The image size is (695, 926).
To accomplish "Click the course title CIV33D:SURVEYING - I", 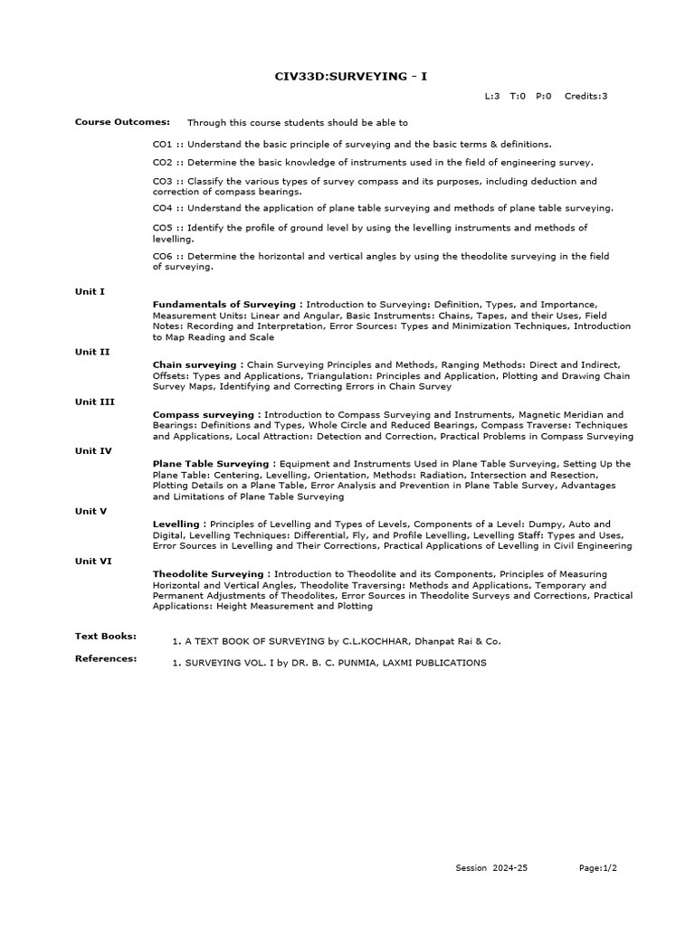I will pyautogui.click(x=351, y=76).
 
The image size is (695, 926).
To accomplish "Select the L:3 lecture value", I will pyautogui.click(x=492, y=96).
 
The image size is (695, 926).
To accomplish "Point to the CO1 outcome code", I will pyautogui.click(x=162, y=144).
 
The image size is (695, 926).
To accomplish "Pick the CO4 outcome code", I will pyautogui.click(x=162, y=208).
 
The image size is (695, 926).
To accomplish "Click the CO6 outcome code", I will pyautogui.click(x=162, y=257).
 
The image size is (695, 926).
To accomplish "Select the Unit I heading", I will pyautogui.click(x=90, y=291).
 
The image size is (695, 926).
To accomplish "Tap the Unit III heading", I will pyautogui.click(x=95, y=402).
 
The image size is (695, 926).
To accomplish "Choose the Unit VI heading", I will pyautogui.click(x=93, y=561).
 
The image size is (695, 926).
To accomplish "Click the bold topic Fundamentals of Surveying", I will pyautogui.click(x=224, y=305).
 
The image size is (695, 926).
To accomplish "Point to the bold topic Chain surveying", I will pyautogui.click(x=194, y=365).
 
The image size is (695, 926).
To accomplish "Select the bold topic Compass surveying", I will pyautogui.click(x=203, y=415).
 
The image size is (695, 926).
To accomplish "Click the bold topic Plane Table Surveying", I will pyautogui.click(x=210, y=464).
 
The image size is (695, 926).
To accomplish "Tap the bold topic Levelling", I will pyautogui.click(x=176, y=524).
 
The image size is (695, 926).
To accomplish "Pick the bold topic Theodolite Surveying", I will pyautogui.click(x=208, y=574).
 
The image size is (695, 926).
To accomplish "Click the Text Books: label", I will pyautogui.click(x=106, y=637).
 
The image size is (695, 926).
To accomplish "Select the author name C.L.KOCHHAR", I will pyautogui.click(x=375, y=641).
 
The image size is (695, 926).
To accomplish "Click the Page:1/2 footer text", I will pyautogui.click(x=598, y=868).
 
